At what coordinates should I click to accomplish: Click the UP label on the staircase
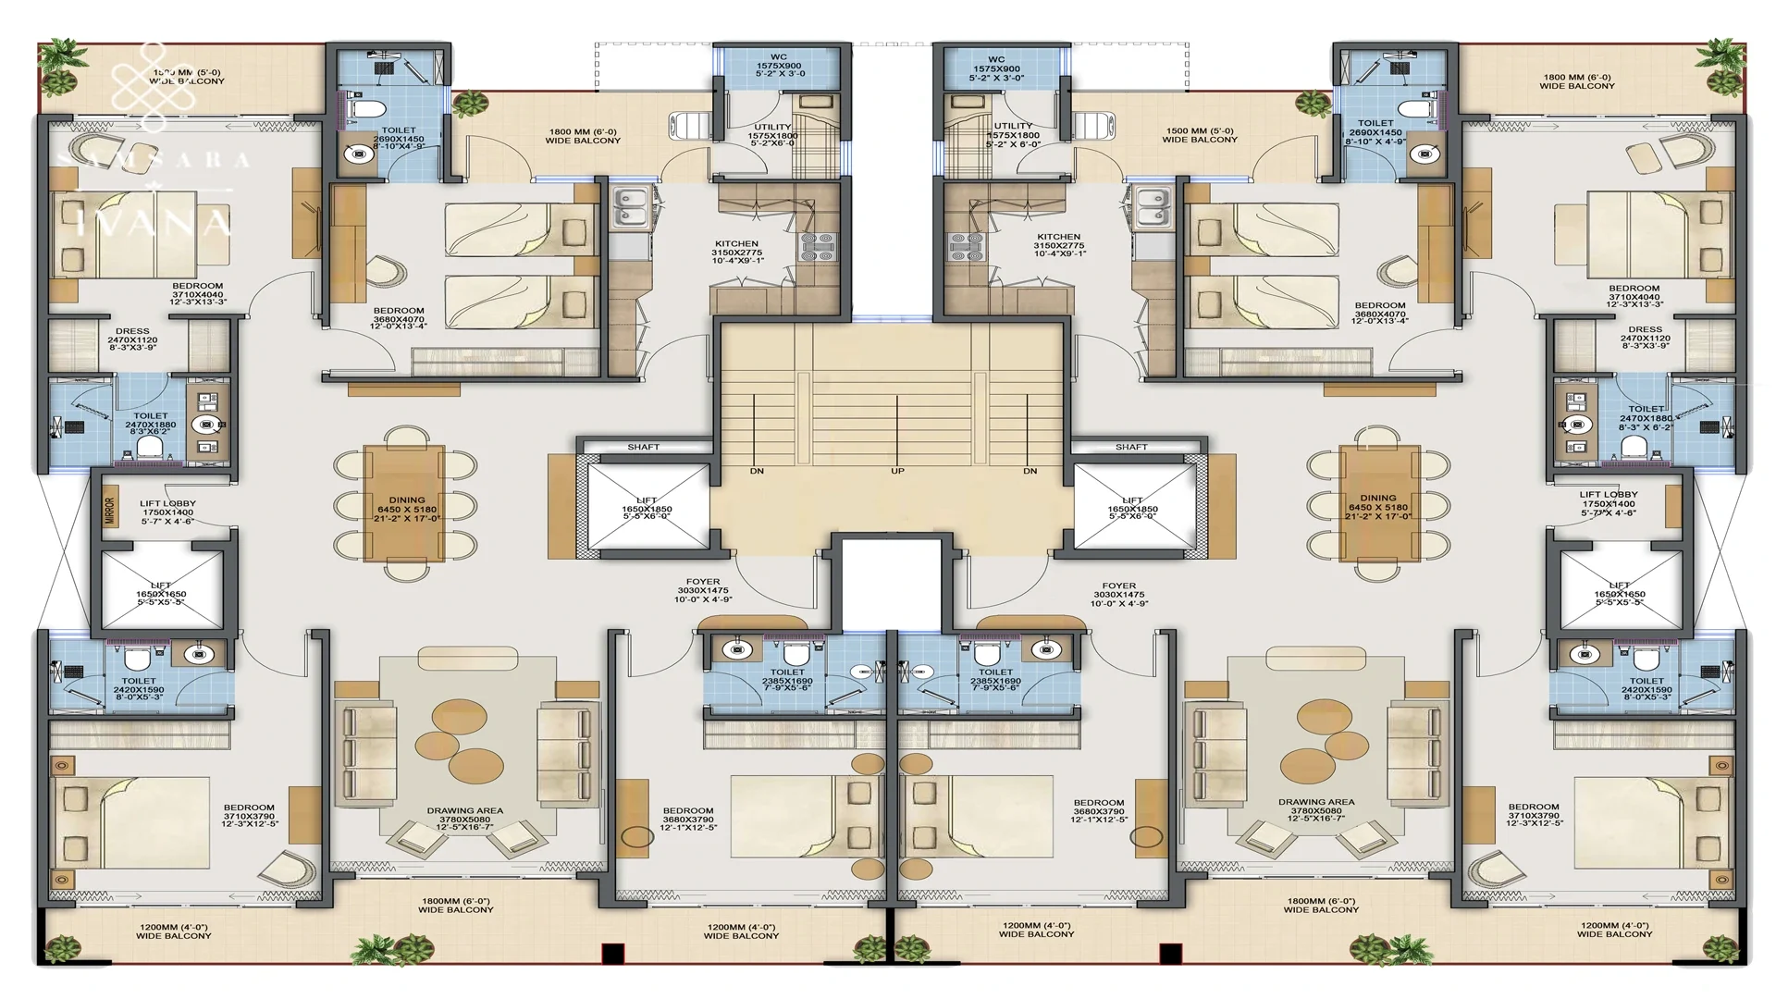[x=896, y=471]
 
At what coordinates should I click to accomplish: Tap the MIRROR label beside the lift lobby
[x=109, y=511]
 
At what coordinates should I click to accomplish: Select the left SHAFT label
[x=643, y=447]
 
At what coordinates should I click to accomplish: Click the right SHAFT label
[x=1130, y=447]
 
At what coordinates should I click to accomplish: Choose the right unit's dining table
[x=1378, y=504]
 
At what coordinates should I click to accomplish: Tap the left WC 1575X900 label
[x=778, y=67]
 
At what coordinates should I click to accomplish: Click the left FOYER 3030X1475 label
[x=703, y=591]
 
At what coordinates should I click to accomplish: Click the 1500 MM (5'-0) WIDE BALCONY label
[x=1200, y=136]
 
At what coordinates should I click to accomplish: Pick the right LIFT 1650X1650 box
[x=1620, y=590]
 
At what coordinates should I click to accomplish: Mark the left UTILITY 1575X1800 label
[x=772, y=135]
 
